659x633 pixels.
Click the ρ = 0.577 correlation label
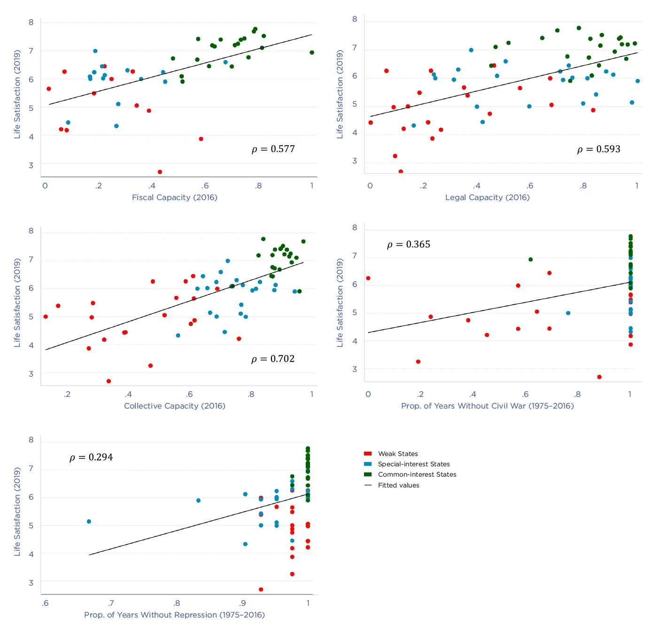(273, 149)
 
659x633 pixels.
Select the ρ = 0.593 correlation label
(598, 149)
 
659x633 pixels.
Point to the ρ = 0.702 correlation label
(273, 359)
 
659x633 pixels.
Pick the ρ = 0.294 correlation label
(91, 458)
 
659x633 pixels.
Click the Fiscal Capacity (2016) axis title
(174, 197)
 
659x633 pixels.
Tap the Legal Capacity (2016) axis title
(487, 197)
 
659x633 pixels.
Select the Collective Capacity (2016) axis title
(174, 406)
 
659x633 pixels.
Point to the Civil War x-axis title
(487, 406)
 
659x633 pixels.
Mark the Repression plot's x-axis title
(174, 615)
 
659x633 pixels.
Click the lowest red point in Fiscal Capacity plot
(160, 172)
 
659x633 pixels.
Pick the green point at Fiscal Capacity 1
(312, 53)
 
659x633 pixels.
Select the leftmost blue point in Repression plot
(89, 522)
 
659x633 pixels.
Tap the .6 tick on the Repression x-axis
(45, 603)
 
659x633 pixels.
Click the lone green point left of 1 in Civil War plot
(530, 260)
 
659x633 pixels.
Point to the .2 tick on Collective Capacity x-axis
(67, 394)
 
